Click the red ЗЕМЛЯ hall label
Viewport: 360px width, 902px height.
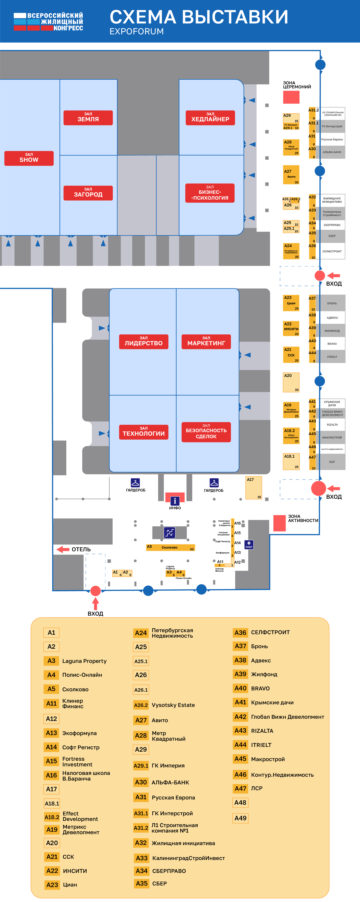click(88, 118)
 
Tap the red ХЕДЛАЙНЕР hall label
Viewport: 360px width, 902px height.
click(210, 118)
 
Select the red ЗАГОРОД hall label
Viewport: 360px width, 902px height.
click(88, 193)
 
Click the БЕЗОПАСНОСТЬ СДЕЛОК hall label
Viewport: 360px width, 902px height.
click(206, 432)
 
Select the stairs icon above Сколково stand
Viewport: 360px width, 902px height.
click(170, 533)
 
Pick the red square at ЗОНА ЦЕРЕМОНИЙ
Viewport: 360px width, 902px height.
click(291, 97)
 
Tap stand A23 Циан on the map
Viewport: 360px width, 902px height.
click(291, 303)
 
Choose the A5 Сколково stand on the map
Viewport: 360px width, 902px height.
click(170, 547)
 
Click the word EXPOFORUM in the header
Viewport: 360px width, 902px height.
click(137, 31)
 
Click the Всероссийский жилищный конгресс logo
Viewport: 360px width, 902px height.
click(48, 22)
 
